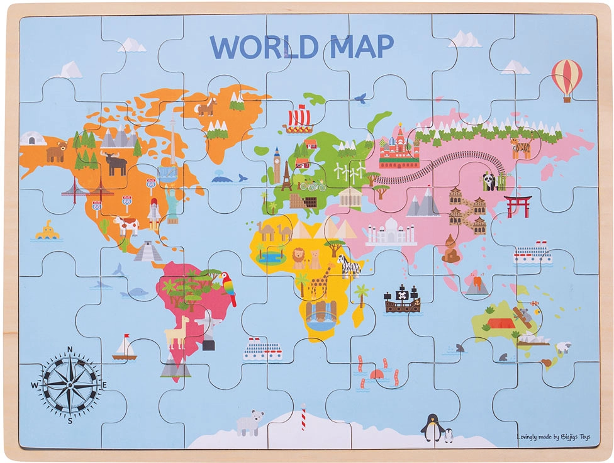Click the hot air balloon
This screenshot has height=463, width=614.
pyautogui.click(x=566, y=78)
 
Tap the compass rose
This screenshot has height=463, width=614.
pyautogui.click(x=70, y=383)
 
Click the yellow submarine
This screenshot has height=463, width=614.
pyautogui.click(x=47, y=231)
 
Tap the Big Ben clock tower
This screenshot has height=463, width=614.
pyautogui.click(x=276, y=164)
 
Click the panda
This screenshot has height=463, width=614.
pyautogui.click(x=489, y=181)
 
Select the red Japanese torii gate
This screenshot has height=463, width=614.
pyautogui.click(x=517, y=205)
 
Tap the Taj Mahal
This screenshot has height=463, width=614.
pyautogui.click(x=391, y=232)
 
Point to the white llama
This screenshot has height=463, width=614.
pyautogui.click(x=177, y=332)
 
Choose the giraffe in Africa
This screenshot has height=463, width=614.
pyautogui.click(x=320, y=281)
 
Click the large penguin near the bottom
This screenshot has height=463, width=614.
pyautogui.click(x=432, y=428)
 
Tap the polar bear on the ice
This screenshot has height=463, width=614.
pyautogui.click(x=248, y=423)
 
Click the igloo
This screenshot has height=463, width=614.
pyautogui.click(x=33, y=138)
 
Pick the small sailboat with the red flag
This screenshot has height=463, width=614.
pyautogui.click(x=125, y=349)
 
